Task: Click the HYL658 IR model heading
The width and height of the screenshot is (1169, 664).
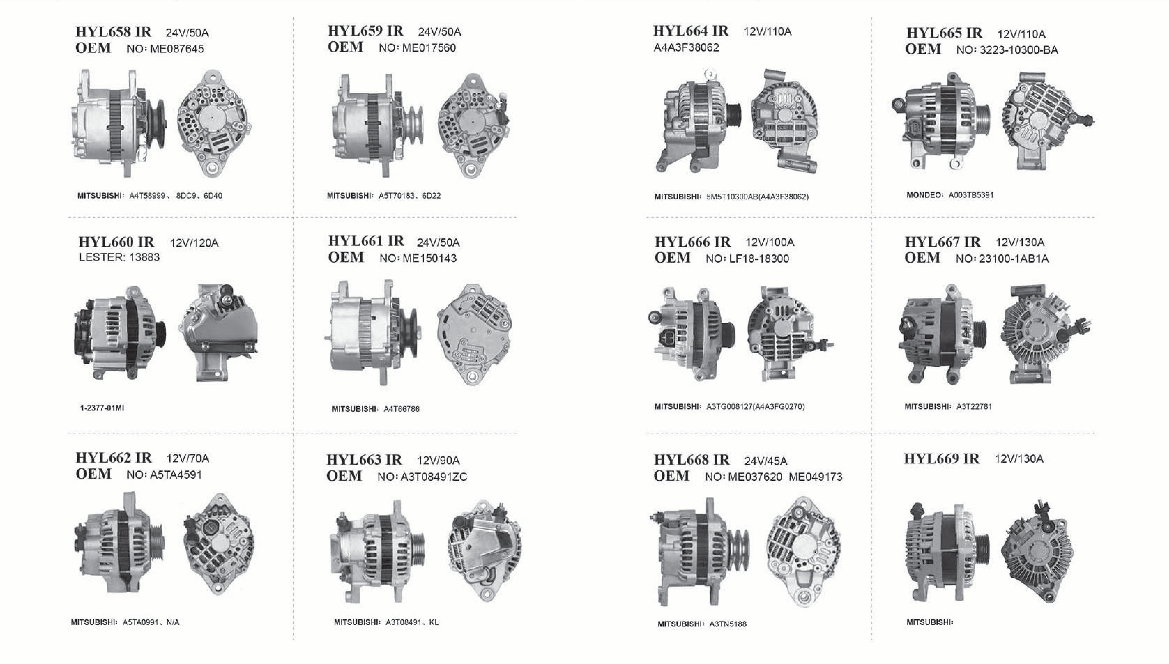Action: tap(113, 32)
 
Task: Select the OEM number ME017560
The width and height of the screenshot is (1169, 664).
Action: tap(429, 48)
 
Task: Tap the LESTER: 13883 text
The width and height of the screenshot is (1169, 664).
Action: tap(119, 258)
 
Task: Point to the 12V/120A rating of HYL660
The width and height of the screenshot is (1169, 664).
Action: tap(194, 243)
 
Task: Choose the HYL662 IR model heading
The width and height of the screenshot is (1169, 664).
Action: tap(114, 457)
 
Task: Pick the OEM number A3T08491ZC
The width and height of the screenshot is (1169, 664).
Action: tap(434, 477)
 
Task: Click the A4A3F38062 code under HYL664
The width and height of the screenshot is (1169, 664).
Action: tap(686, 47)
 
